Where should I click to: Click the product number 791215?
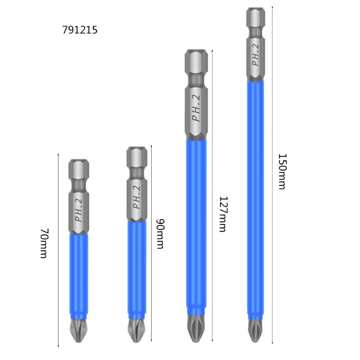(80, 30)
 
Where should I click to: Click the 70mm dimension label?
(44, 243)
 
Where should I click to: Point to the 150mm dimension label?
(282, 171)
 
